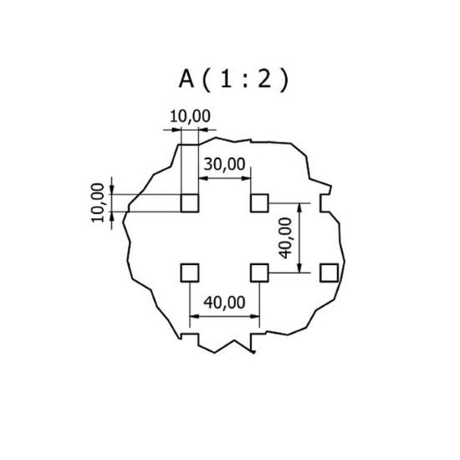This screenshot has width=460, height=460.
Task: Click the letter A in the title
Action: pos(187,79)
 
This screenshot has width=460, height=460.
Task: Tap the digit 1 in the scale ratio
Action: pos(225,79)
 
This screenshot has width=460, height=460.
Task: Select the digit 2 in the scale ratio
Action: pos(264,79)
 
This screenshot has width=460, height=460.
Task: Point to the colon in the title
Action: pos(245,80)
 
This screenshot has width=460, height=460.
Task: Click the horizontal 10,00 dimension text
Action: pos(190,116)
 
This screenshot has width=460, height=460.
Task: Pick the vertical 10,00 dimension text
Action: pos(98,202)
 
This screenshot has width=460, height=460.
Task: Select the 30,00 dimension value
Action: pos(224,164)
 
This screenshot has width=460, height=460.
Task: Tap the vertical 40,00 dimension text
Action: pos(285,238)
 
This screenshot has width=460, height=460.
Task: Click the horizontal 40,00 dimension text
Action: pos(224,303)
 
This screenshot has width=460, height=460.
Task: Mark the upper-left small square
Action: pos(190,203)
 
